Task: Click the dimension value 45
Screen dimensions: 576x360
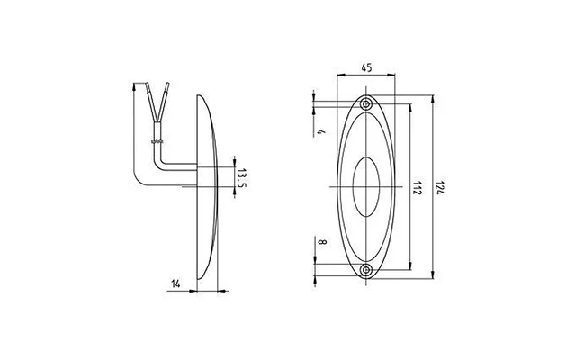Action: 366,67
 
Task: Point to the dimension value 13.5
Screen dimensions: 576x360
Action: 241,178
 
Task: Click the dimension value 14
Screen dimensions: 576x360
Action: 176,283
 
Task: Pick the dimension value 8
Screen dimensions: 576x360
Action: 322,242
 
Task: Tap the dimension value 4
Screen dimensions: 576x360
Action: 322,131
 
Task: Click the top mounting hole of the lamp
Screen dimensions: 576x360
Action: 366,104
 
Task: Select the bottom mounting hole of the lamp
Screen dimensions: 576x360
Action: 366,270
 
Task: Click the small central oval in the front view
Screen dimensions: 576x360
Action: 366,157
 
